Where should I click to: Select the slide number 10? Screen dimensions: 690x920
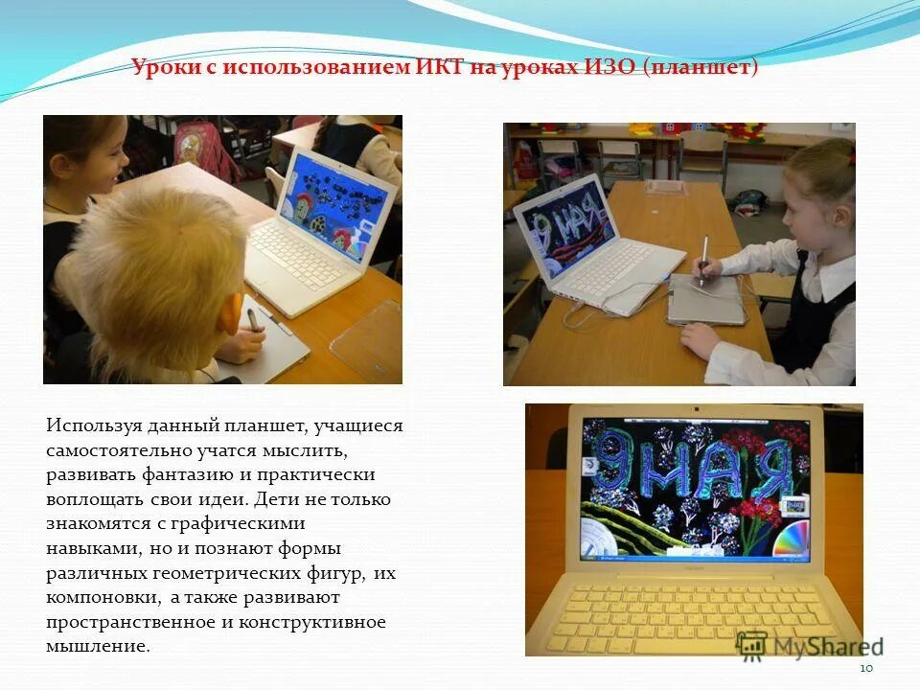pos(866,668)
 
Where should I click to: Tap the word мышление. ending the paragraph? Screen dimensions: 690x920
pos(98,647)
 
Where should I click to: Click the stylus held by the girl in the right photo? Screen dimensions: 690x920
pos(703,259)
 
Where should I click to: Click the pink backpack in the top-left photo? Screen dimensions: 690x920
pos(201,144)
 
